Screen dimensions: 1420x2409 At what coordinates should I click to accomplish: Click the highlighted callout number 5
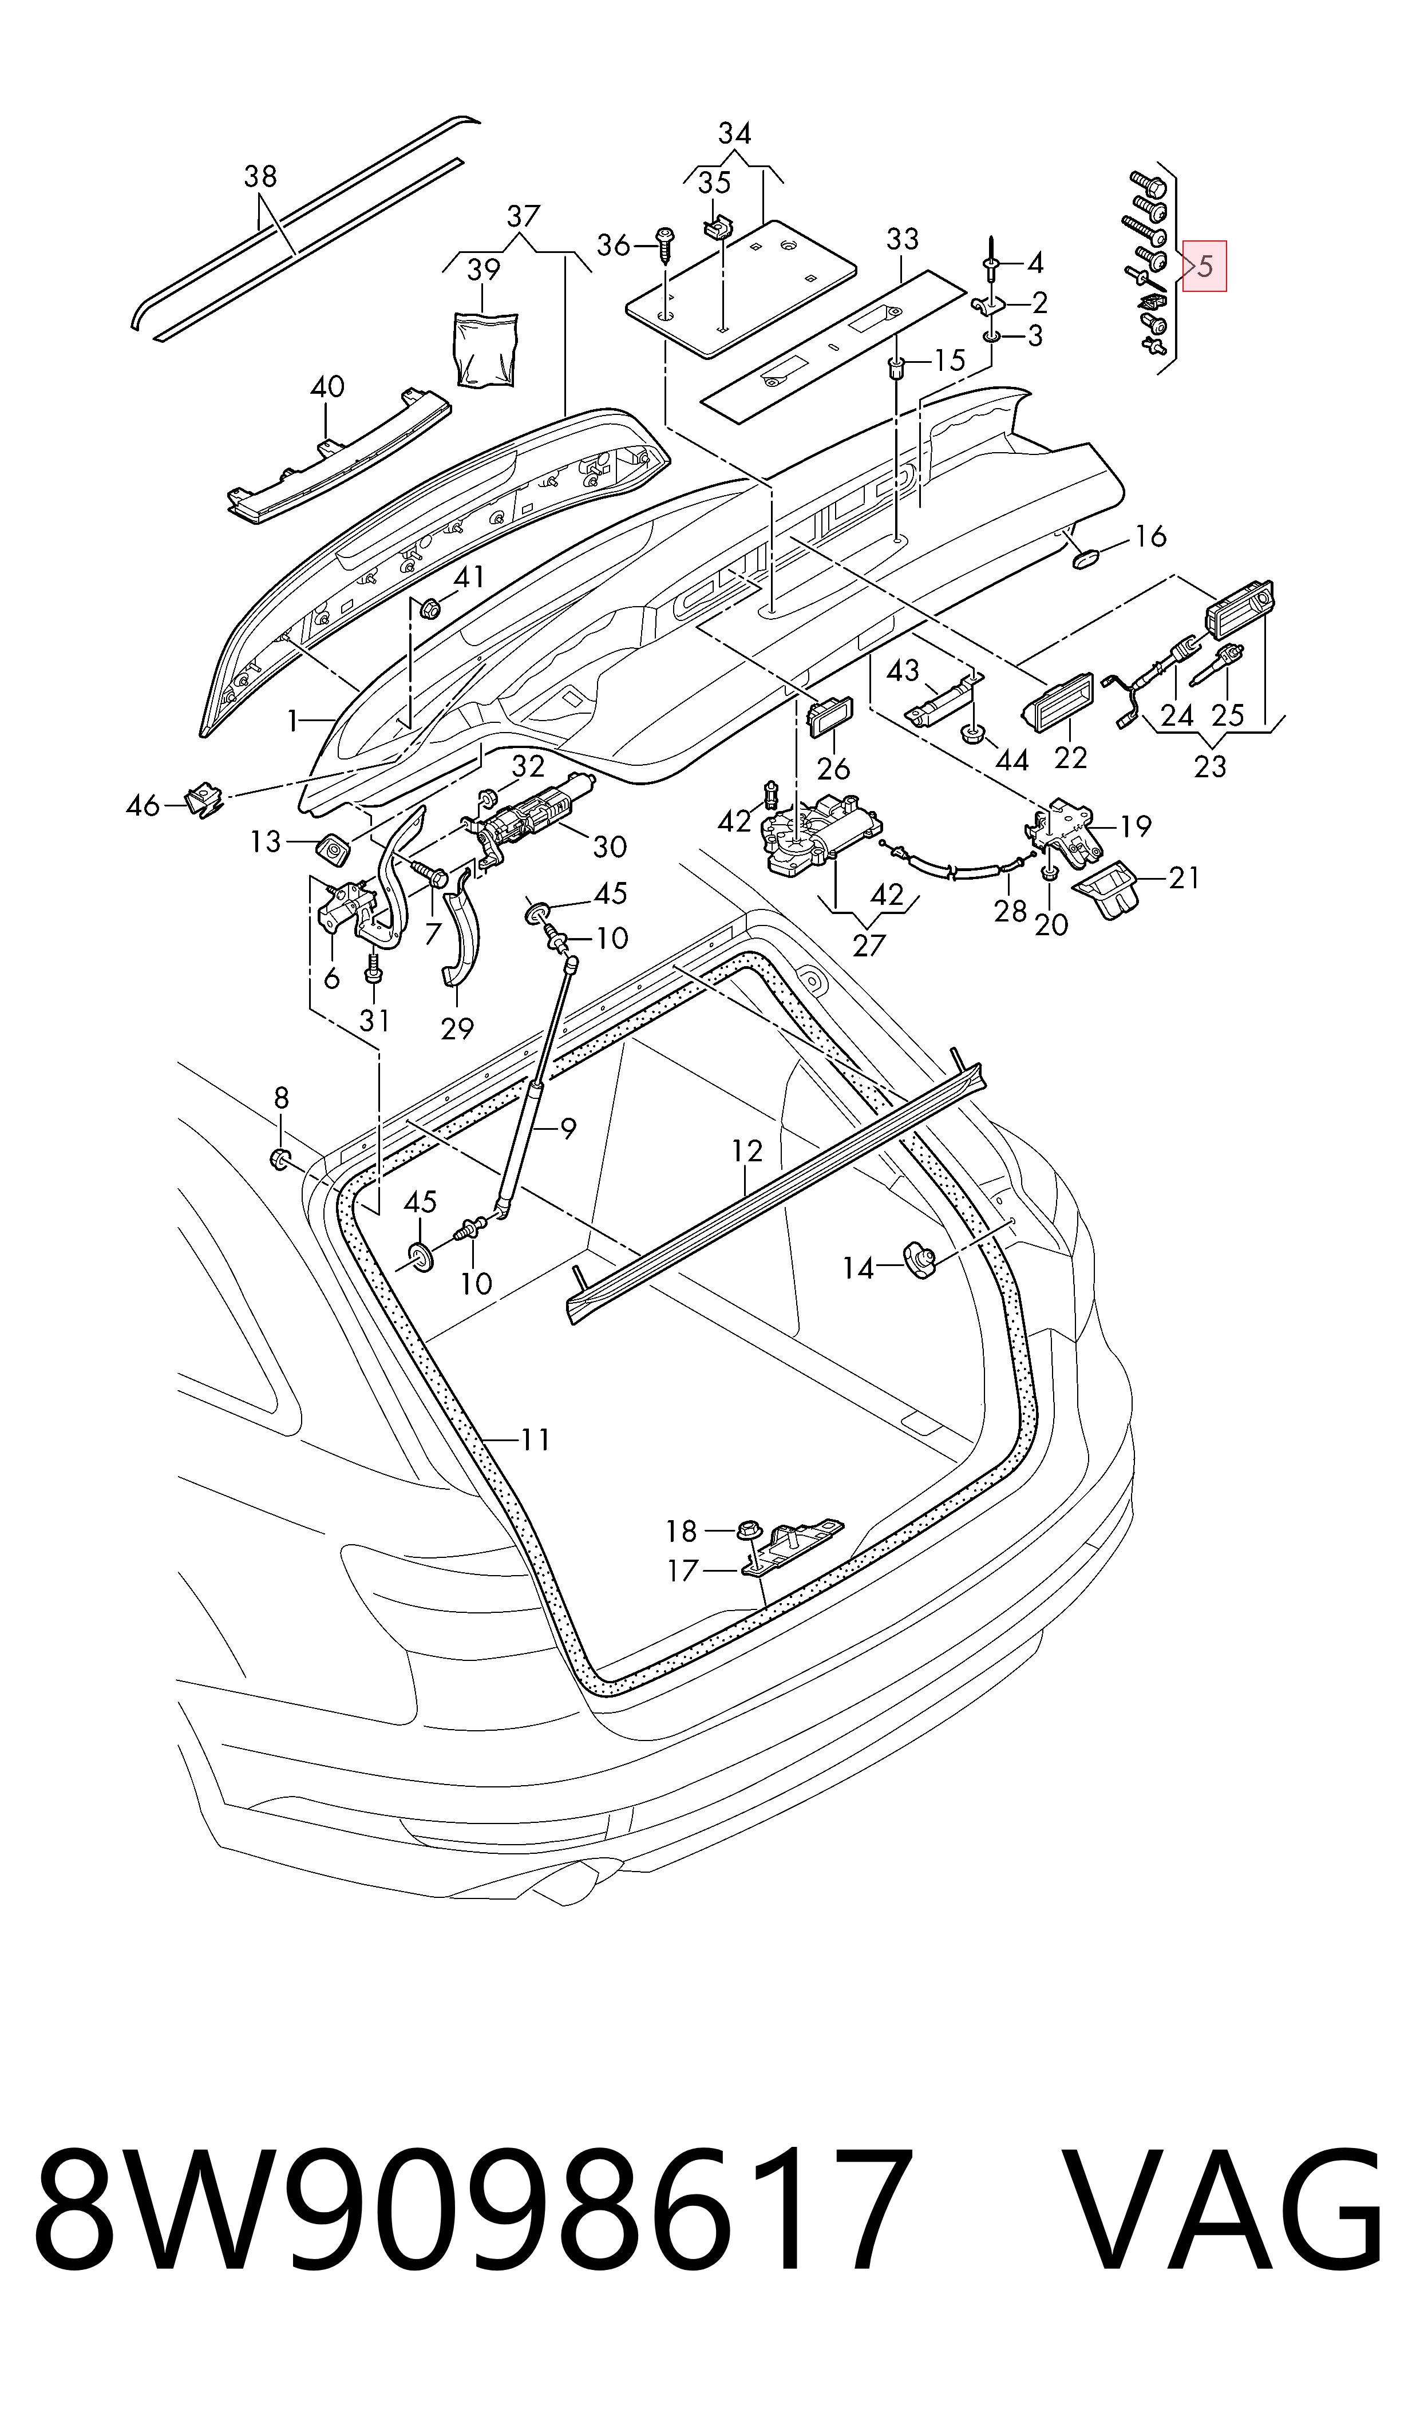(x=1205, y=266)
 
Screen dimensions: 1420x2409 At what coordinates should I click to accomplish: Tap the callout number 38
(x=260, y=176)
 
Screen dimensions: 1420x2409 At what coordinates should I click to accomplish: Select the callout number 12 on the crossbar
(x=747, y=1151)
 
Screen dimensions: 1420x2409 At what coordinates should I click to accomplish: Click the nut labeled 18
(x=747, y=1531)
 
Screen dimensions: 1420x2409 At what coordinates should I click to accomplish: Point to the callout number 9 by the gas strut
(x=568, y=1129)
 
